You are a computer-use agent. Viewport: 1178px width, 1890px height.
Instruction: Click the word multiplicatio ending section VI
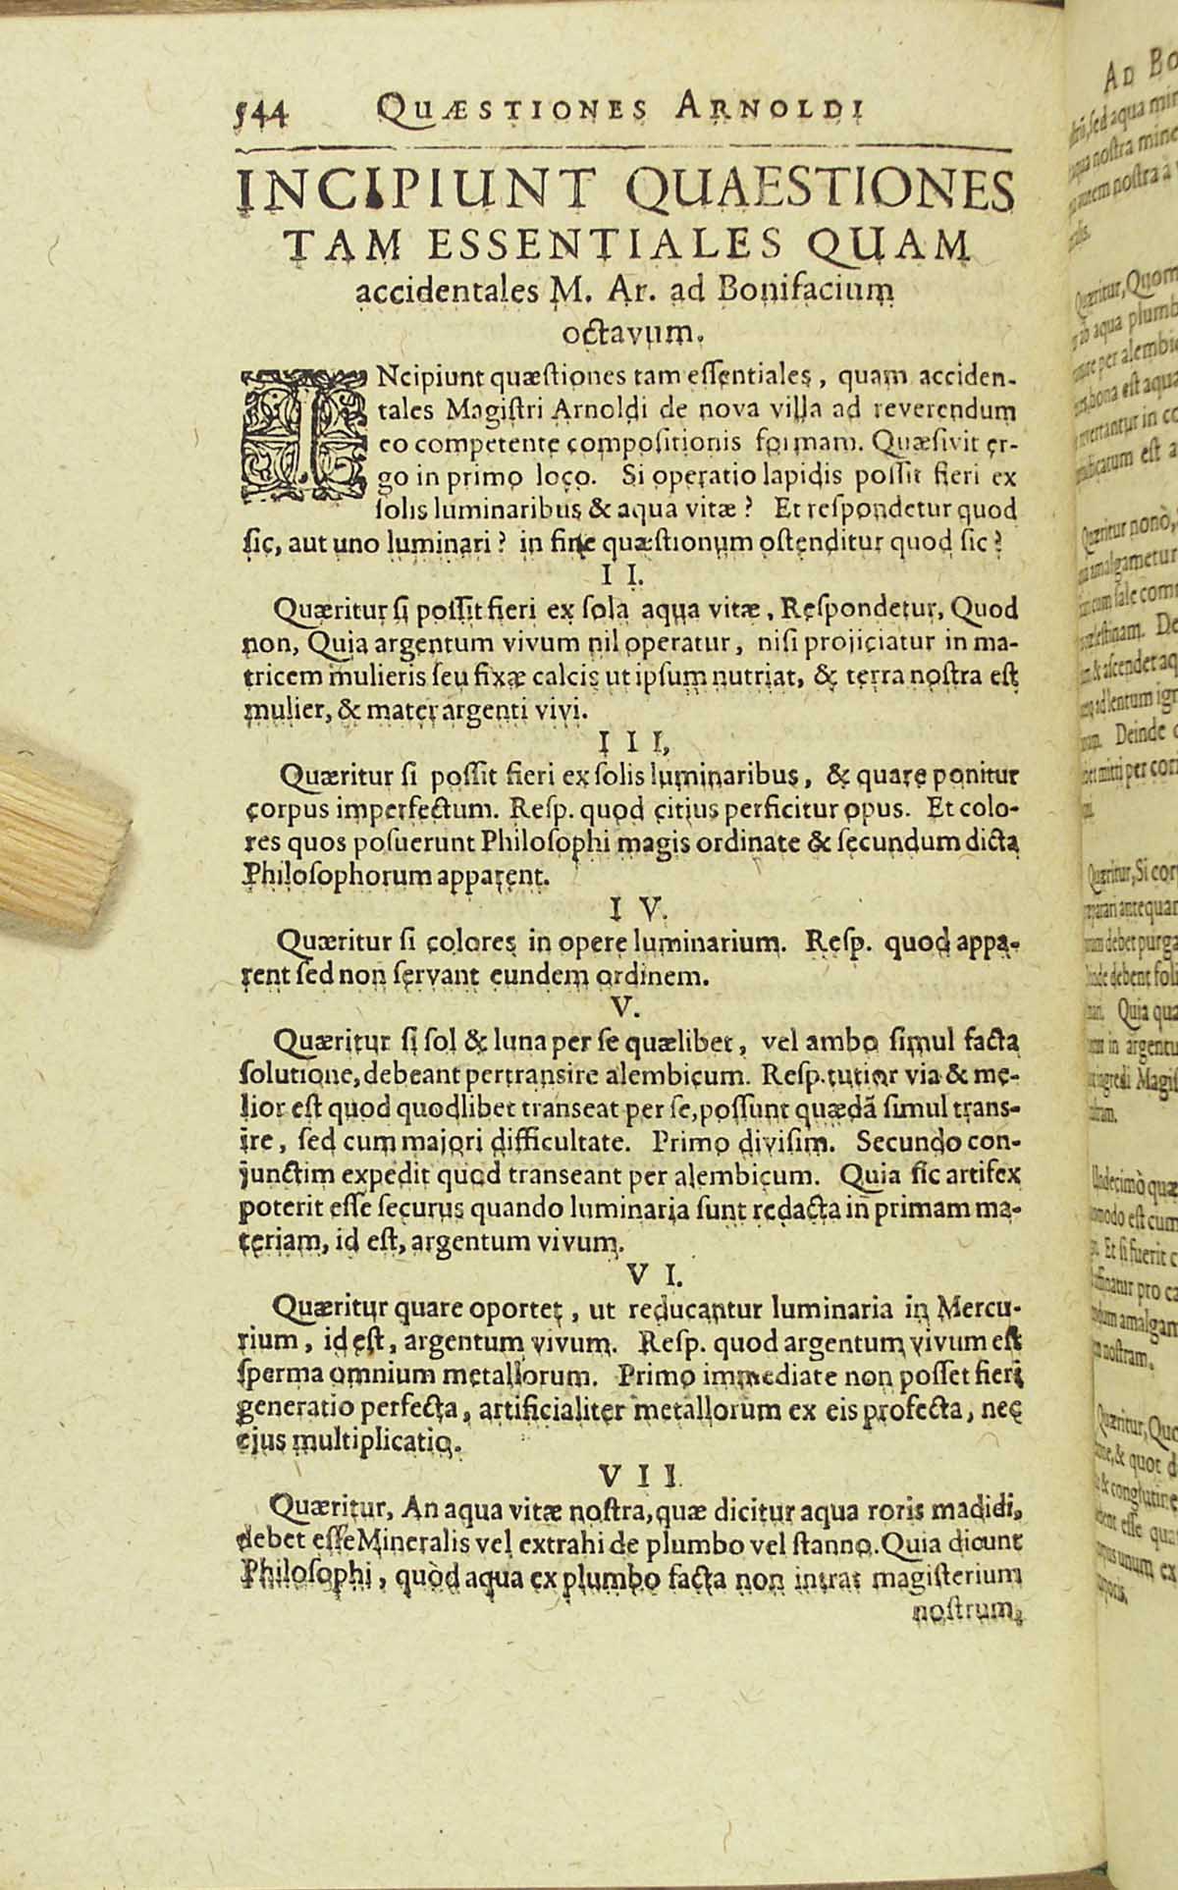click(x=373, y=1443)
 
